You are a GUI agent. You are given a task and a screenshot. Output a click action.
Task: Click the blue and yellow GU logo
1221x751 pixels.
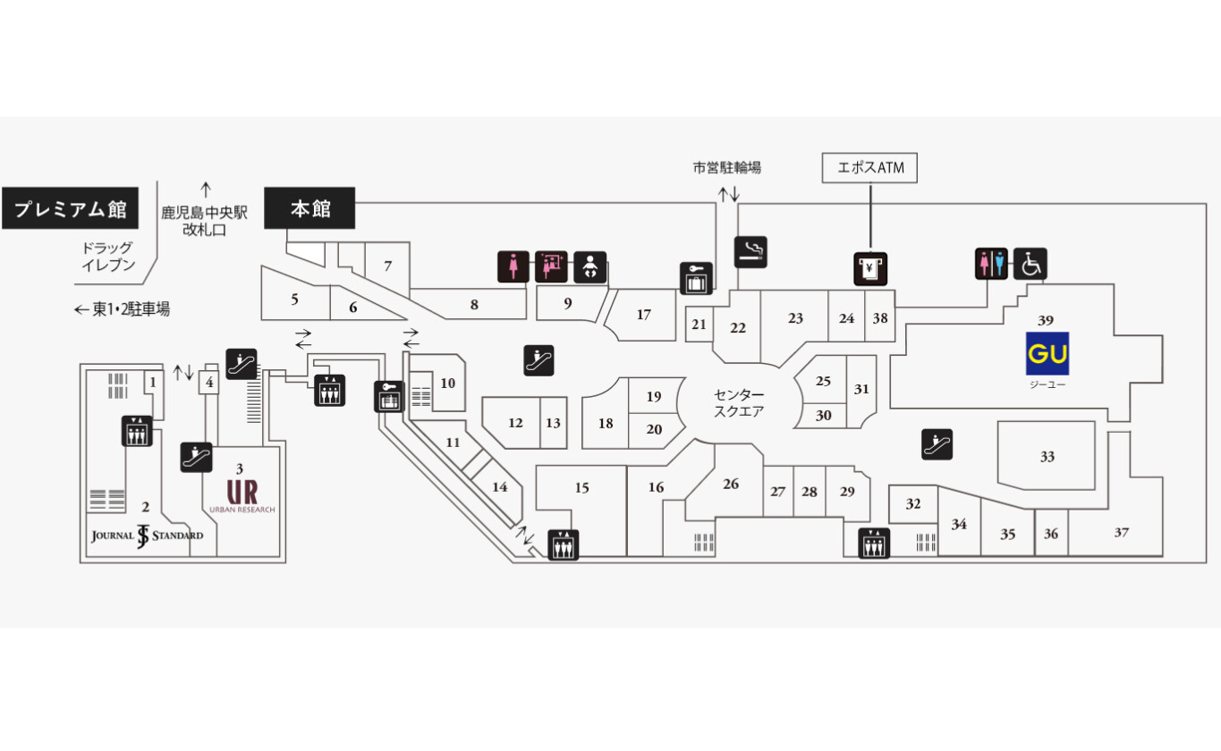(1047, 353)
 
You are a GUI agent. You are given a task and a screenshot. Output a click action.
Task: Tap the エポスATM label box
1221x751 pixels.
(869, 168)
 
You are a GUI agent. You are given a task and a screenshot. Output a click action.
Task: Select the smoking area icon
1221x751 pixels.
(750, 252)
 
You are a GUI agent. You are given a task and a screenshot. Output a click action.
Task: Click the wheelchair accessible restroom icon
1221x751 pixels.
(1030, 264)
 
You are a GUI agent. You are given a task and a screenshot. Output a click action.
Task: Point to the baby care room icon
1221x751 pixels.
(589, 267)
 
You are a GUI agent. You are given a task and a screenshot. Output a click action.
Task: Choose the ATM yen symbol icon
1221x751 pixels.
(870, 269)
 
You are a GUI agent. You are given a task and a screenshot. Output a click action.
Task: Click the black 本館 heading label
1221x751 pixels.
(309, 208)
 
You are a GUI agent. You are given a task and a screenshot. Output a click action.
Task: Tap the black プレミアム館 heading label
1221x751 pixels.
(71, 208)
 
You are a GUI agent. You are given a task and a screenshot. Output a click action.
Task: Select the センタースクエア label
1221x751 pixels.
(739, 402)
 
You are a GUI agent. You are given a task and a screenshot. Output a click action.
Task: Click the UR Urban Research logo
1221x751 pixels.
(242, 495)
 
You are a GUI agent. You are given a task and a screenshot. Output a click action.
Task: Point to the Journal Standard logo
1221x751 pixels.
(147, 536)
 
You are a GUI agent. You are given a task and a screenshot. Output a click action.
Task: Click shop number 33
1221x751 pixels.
(1047, 456)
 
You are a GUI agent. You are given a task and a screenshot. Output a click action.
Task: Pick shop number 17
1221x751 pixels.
(644, 315)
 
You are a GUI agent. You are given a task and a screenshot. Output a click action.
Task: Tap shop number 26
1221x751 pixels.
(731, 484)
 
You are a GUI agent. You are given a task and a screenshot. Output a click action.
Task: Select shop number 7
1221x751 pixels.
(387, 266)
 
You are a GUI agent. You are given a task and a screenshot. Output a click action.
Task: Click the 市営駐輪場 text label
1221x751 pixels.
(727, 167)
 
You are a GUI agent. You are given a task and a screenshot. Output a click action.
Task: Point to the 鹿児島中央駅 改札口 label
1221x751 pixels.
(205, 221)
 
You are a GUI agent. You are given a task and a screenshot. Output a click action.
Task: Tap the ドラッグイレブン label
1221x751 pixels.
(108, 257)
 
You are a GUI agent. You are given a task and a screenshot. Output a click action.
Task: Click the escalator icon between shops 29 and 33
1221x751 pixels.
(937, 444)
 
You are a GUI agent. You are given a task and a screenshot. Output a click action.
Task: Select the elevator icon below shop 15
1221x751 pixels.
(563, 544)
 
